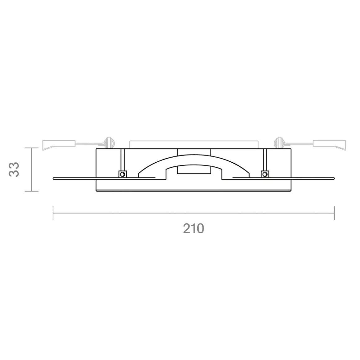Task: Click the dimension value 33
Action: pyautogui.click(x=14, y=169)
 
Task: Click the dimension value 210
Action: pyautogui.click(x=194, y=228)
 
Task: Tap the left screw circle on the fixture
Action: pyautogui.click(x=123, y=174)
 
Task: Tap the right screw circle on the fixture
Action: pyautogui.click(x=265, y=174)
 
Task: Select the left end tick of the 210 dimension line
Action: pyautogui.click(x=53, y=213)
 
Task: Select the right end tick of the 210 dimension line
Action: pyautogui.click(x=334, y=213)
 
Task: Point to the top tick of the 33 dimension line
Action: pyautogui.click(x=31, y=148)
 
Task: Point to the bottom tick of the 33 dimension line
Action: pyautogui.click(x=31, y=191)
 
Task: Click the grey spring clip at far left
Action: pyautogui.click(x=59, y=145)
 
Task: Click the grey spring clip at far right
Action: pyautogui.click(x=329, y=145)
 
